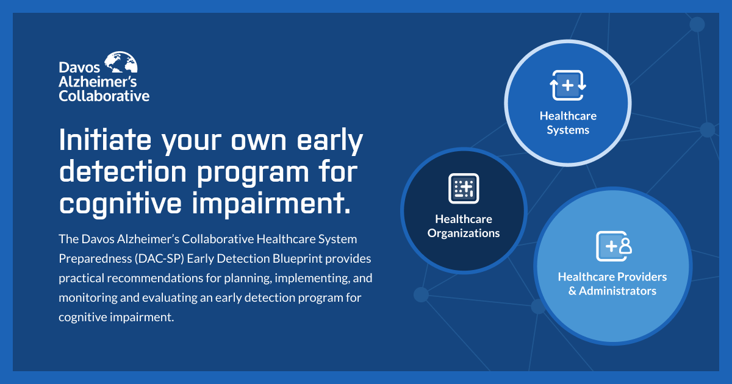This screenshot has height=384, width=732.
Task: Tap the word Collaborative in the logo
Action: (x=104, y=96)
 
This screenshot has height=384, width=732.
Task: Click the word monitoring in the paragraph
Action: (x=86, y=298)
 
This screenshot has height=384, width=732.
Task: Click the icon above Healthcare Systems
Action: (x=568, y=85)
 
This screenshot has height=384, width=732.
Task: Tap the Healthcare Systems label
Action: (x=568, y=123)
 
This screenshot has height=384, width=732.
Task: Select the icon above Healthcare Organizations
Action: (x=464, y=188)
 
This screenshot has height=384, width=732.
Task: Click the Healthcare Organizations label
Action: (x=464, y=226)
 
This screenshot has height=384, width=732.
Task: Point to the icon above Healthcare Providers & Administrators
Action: (x=612, y=246)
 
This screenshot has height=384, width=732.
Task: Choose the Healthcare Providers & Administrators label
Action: (x=612, y=283)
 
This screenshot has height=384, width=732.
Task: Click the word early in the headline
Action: (x=329, y=142)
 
